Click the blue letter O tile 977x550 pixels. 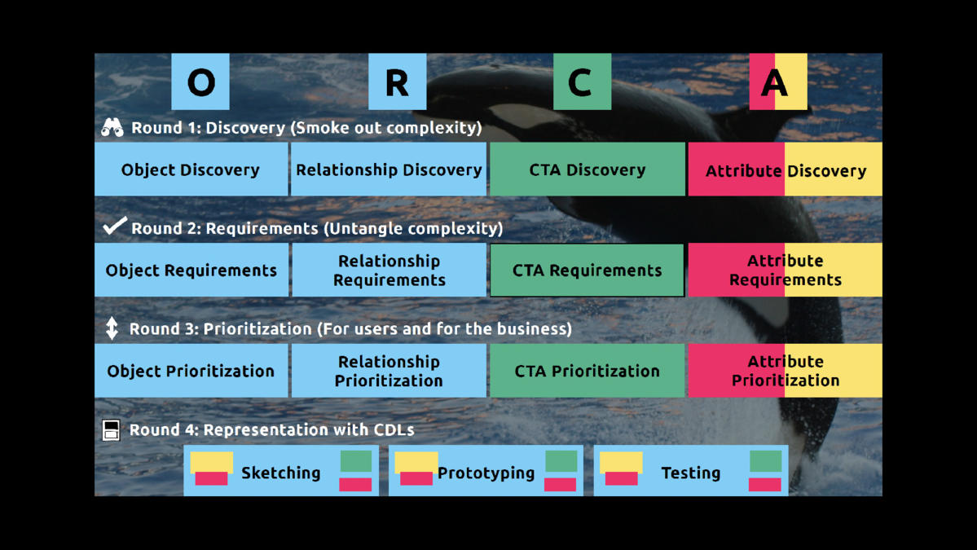(200, 81)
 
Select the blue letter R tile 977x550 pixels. (397, 81)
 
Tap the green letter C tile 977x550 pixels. (582, 81)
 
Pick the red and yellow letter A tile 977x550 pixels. (777, 81)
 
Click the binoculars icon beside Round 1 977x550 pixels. (112, 127)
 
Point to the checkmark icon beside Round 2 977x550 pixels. (114, 226)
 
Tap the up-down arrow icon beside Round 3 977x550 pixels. (112, 328)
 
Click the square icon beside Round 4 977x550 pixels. (112, 429)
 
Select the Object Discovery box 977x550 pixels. (191, 169)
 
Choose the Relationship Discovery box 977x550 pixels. (389, 169)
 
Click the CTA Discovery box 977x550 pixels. (587, 169)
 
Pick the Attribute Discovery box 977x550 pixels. (785, 169)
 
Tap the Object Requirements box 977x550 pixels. (191, 270)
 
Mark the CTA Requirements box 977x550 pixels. (587, 270)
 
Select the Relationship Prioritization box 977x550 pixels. (389, 371)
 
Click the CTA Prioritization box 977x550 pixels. (587, 371)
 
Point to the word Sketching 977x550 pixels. (281, 473)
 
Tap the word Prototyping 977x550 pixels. (486, 473)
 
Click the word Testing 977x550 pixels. (691, 473)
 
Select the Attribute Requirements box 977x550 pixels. (785, 270)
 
